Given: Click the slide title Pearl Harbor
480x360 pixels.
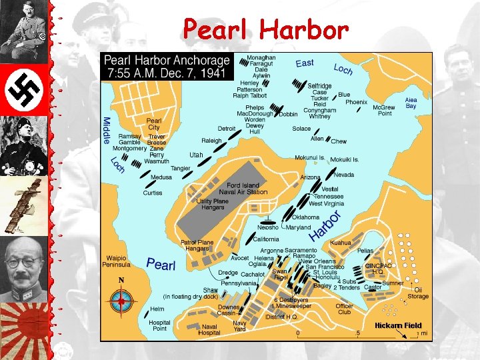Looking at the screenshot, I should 266,29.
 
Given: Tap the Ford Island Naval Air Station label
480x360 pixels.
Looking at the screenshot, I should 247,189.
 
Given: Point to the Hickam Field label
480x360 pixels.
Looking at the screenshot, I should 398,325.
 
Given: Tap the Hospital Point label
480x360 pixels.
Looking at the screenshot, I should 159,325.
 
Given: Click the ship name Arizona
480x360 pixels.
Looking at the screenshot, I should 310,177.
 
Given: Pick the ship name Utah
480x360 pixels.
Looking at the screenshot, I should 196,155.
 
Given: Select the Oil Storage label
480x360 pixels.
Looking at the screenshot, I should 417,293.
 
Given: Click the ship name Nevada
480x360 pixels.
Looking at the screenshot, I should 344,175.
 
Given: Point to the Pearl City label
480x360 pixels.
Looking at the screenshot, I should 153,124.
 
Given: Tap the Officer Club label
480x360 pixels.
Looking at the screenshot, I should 344,309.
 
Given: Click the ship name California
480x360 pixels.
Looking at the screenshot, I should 266,239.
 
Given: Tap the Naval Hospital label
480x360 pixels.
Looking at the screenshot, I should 209,330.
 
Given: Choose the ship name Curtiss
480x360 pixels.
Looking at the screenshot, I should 152,193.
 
